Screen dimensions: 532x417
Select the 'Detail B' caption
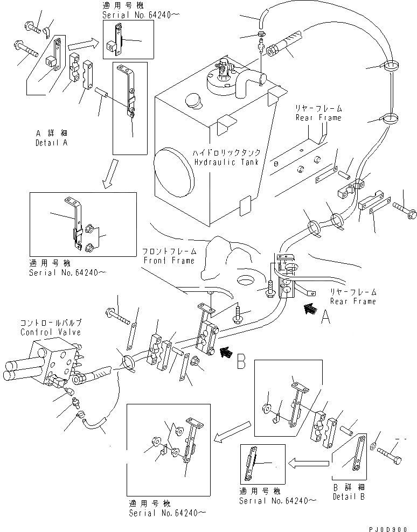click(x=348, y=496)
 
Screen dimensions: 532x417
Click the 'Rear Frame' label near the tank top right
click(x=318, y=117)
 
